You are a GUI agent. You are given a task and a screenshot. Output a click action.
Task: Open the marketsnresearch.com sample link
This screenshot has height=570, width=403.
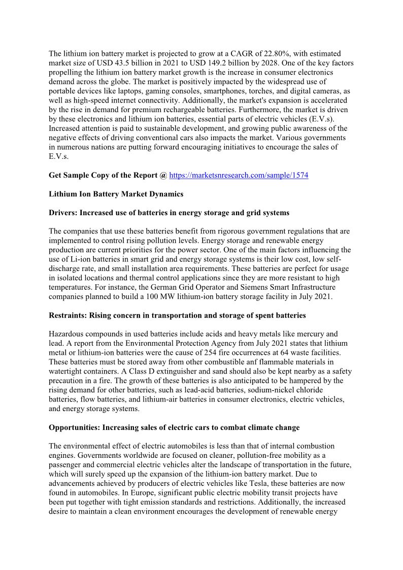(239, 175)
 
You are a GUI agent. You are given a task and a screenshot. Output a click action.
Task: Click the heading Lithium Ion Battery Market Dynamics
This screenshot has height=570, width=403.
(116, 194)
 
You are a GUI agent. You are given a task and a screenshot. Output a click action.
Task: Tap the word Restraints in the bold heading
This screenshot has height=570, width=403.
(68, 315)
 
